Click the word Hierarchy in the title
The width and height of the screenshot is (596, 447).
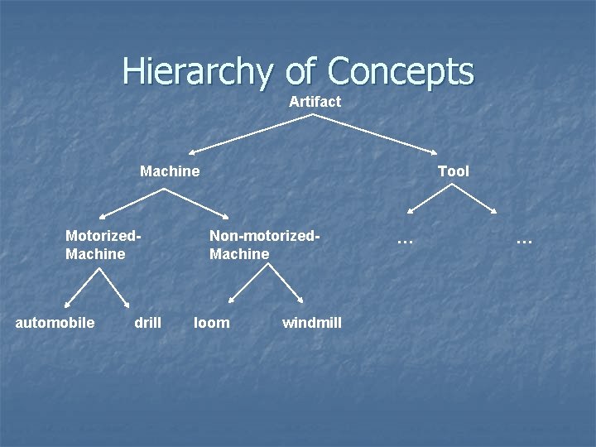[195, 72]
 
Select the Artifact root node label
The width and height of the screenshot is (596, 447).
[315, 102]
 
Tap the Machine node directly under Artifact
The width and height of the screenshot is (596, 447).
[170, 171]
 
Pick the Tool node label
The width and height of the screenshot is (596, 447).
[453, 171]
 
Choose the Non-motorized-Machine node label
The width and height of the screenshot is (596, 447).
[264, 244]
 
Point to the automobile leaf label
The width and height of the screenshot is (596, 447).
[55, 322]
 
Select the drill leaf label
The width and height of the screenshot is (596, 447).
[147, 322]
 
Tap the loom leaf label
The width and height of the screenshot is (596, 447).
[212, 322]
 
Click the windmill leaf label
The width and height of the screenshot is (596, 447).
[311, 322]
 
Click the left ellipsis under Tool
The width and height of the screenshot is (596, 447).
[404, 240]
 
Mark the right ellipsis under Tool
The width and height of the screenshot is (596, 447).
[523, 240]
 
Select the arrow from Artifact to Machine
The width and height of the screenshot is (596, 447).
[251, 134]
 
